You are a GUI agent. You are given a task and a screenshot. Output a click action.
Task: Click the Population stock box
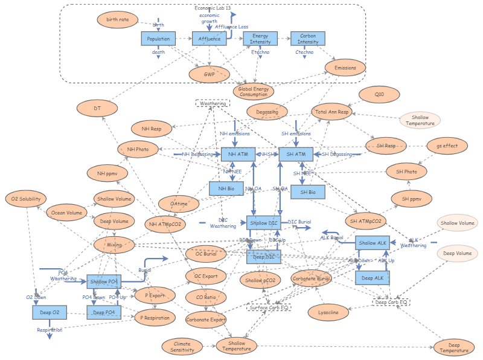(x=158, y=39)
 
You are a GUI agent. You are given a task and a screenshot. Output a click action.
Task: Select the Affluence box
(x=209, y=39)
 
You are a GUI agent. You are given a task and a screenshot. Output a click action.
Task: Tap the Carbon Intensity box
(x=308, y=39)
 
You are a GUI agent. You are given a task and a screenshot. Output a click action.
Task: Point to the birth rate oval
(x=118, y=19)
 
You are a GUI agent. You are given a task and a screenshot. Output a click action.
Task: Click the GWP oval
(x=209, y=74)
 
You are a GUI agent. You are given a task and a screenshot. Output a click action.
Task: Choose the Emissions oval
(x=345, y=68)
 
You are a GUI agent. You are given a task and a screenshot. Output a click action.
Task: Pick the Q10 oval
(x=379, y=95)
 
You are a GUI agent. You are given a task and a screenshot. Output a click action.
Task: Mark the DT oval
(x=97, y=108)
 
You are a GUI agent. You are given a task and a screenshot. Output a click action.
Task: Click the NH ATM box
(x=238, y=155)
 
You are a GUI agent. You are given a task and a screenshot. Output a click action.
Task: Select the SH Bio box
(x=307, y=192)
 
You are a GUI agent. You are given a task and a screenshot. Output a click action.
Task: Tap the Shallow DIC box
(x=264, y=223)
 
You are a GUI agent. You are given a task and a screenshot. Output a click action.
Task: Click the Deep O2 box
(x=49, y=312)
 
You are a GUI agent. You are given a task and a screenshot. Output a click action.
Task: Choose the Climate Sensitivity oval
(x=182, y=347)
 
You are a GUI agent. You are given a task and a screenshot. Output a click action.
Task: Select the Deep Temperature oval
(x=453, y=347)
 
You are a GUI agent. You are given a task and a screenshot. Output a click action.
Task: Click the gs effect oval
(x=446, y=146)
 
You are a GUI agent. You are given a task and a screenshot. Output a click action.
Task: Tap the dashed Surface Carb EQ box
(x=269, y=307)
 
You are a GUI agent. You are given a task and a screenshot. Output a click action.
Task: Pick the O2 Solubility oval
(x=25, y=199)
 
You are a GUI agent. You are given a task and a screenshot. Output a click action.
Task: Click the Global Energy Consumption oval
(x=254, y=91)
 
